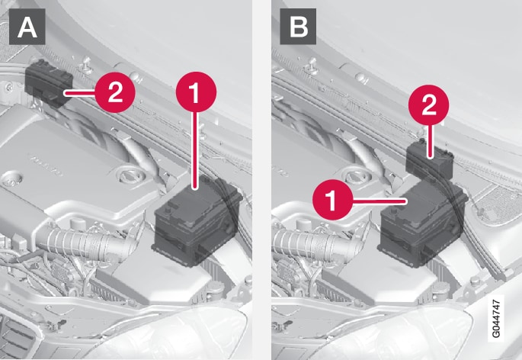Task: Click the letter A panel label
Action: point(27,27)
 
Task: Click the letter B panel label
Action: point(298,27)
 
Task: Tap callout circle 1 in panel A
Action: point(196,92)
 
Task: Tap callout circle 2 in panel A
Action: point(115,92)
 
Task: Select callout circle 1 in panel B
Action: point(332,200)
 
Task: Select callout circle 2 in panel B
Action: point(429,104)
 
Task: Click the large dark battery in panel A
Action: point(197,221)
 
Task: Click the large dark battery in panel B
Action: point(423,226)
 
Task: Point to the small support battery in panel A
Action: point(49,83)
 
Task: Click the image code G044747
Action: point(495,318)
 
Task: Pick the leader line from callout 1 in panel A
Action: point(196,151)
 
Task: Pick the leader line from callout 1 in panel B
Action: point(379,201)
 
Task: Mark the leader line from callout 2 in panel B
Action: point(430,140)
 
